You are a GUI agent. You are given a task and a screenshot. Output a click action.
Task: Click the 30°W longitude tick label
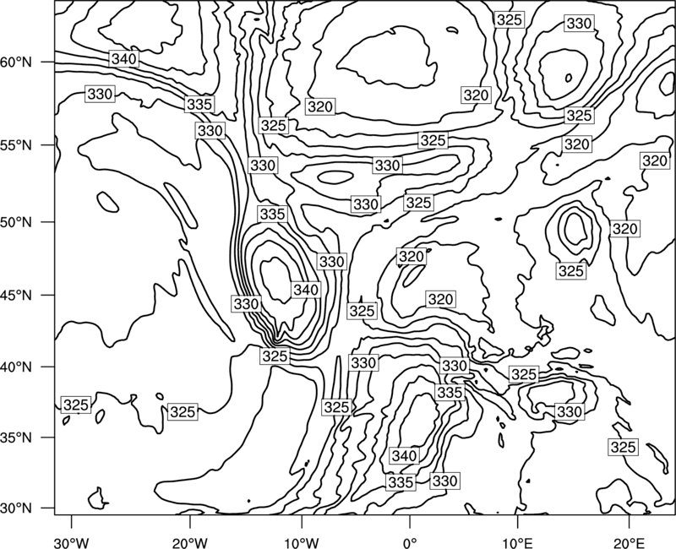(x=72, y=542)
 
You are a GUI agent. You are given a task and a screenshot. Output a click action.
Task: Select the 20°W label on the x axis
(x=189, y=542)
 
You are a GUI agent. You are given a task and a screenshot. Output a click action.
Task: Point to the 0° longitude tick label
(x=409, y=542)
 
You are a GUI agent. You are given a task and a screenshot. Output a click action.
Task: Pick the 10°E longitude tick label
(x=517, y=542)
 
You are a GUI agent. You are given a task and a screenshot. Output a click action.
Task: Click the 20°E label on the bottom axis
(x=629, y=542)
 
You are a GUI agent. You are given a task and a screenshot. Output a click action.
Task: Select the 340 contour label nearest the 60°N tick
(x=123, y=58)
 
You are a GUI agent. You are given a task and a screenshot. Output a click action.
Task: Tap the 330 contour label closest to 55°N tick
(x=100, y=94)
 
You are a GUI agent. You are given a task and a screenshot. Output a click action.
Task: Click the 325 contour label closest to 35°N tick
(x=75, y=405)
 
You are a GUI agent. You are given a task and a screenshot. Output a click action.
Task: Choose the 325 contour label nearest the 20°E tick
(x=623, y=447)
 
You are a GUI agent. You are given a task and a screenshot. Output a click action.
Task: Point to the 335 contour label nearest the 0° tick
(x=401, y=481)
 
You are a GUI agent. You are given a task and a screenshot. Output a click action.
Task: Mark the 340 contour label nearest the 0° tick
(x=404, y=455)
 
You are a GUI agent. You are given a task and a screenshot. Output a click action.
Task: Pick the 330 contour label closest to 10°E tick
(x=444, y=480)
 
